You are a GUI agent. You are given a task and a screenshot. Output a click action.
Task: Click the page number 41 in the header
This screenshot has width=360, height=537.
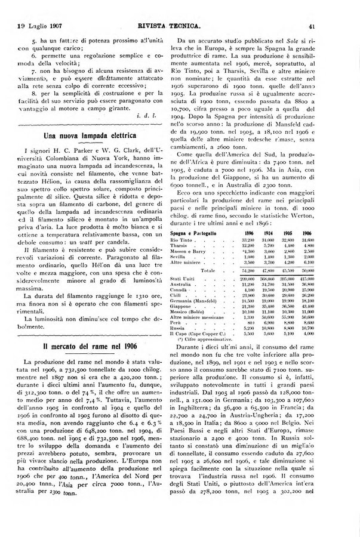pyautogui.click(x=344, y=26)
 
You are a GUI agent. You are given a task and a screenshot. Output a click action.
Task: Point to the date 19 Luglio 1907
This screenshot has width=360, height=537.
pyautogui.click(x=41, y=26)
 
